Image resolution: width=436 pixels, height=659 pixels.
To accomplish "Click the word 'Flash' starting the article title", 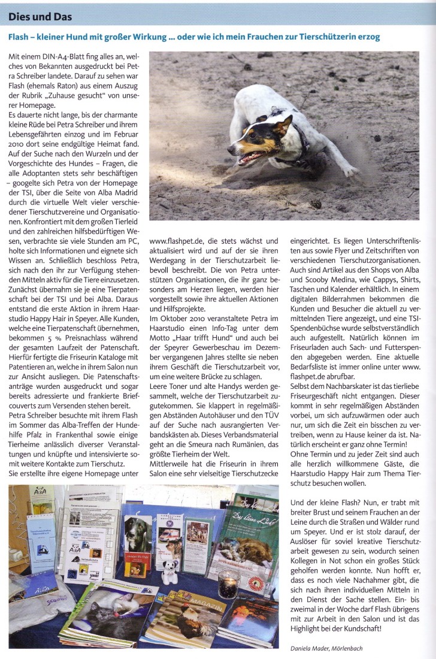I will (x=20, y=37).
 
